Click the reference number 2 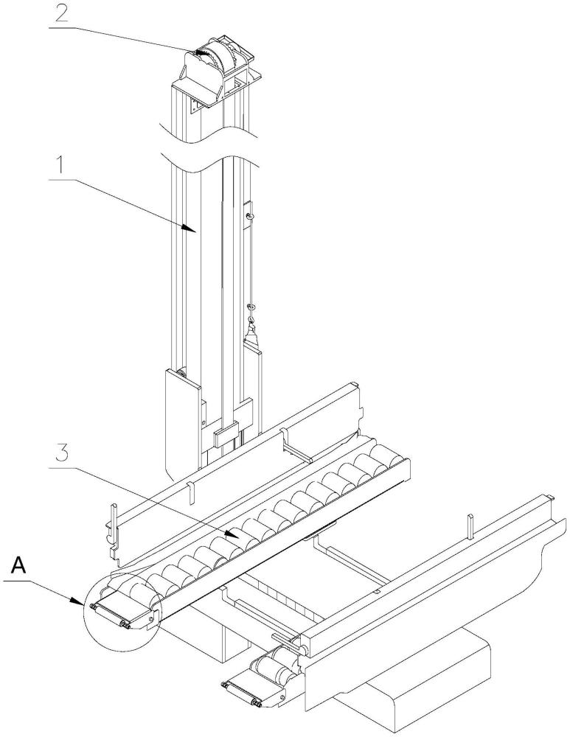(62, 13)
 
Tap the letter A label (19, 566)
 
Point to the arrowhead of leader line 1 (192, 228)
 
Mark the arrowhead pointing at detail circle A (77, 601)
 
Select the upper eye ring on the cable (251, 216)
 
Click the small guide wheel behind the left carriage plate (183, 374)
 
